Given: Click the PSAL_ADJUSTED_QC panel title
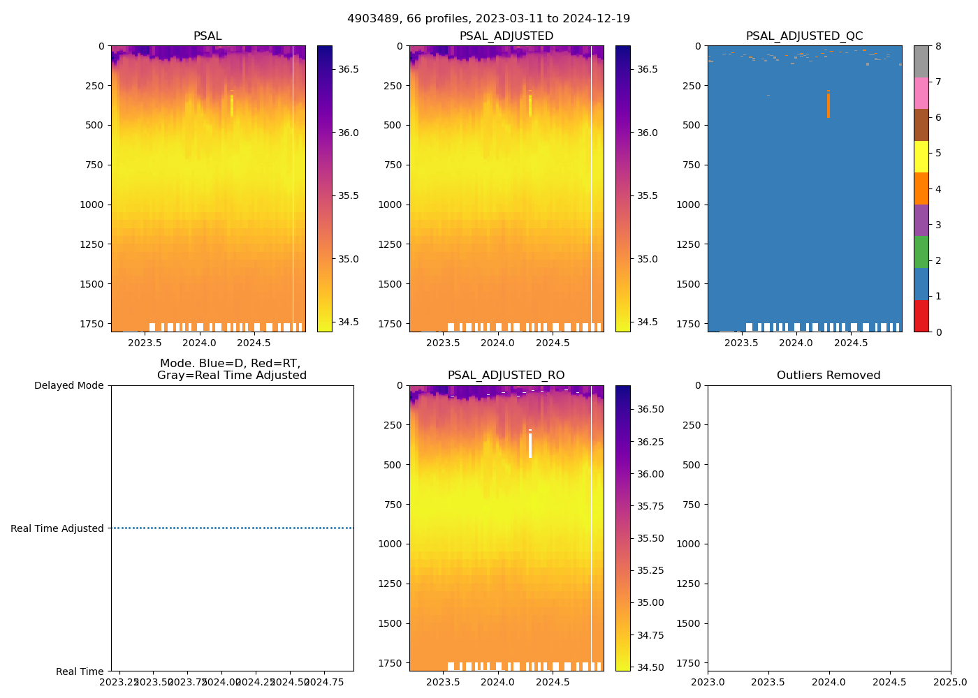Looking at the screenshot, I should [804, 36].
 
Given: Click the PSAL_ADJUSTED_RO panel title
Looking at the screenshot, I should [506, 376].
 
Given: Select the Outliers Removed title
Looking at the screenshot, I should [829, 376].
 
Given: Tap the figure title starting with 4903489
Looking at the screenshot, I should [488, 19].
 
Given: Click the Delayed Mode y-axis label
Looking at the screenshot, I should [68, 385].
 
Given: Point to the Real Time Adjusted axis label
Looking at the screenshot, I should [57, 528].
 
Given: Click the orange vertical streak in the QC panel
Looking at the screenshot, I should [829, 105].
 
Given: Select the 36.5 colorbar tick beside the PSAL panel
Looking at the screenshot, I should [349, 69].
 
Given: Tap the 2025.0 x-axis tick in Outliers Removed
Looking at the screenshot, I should [950, 682].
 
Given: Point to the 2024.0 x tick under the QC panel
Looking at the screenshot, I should [796, 343].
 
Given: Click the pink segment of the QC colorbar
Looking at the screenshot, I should [921, 94].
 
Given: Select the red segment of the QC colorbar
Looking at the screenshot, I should [921, 315].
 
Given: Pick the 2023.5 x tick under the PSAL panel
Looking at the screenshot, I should [145, 343].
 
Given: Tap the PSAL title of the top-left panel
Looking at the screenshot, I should [207, 36].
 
